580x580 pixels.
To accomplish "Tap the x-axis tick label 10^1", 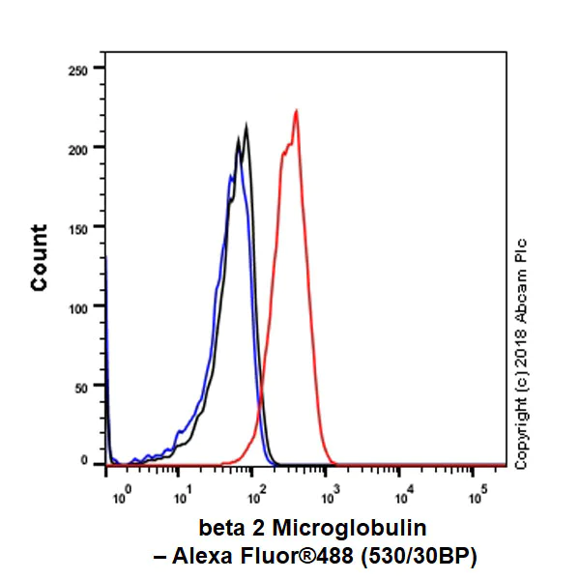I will point(182,499).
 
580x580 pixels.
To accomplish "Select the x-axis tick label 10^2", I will point(256,499).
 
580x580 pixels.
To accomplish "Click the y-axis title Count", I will point(39,257).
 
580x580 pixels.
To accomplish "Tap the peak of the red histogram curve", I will point(296,110).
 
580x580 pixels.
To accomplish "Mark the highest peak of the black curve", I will point(246,126).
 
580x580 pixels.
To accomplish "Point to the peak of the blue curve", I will point(230,176).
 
